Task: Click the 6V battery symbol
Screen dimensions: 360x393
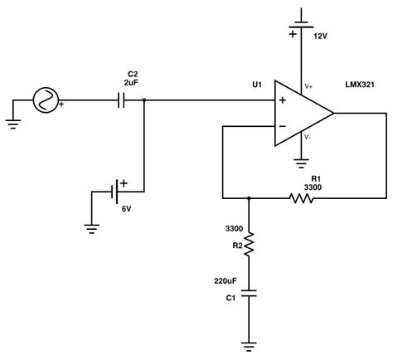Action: click(118, 192)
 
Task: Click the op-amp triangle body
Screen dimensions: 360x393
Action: click(303, 114)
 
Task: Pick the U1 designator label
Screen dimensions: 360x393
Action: click(257, 85)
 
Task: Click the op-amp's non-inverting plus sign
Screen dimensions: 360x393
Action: click(282, 100)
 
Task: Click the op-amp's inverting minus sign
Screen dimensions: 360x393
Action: click(282, 127)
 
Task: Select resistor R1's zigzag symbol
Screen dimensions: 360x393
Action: click(301, 198)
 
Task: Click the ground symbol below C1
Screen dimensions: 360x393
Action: click(250, 342)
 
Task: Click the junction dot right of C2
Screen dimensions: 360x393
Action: click(144, 100)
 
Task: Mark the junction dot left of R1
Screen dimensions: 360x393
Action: click(250, 198)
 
